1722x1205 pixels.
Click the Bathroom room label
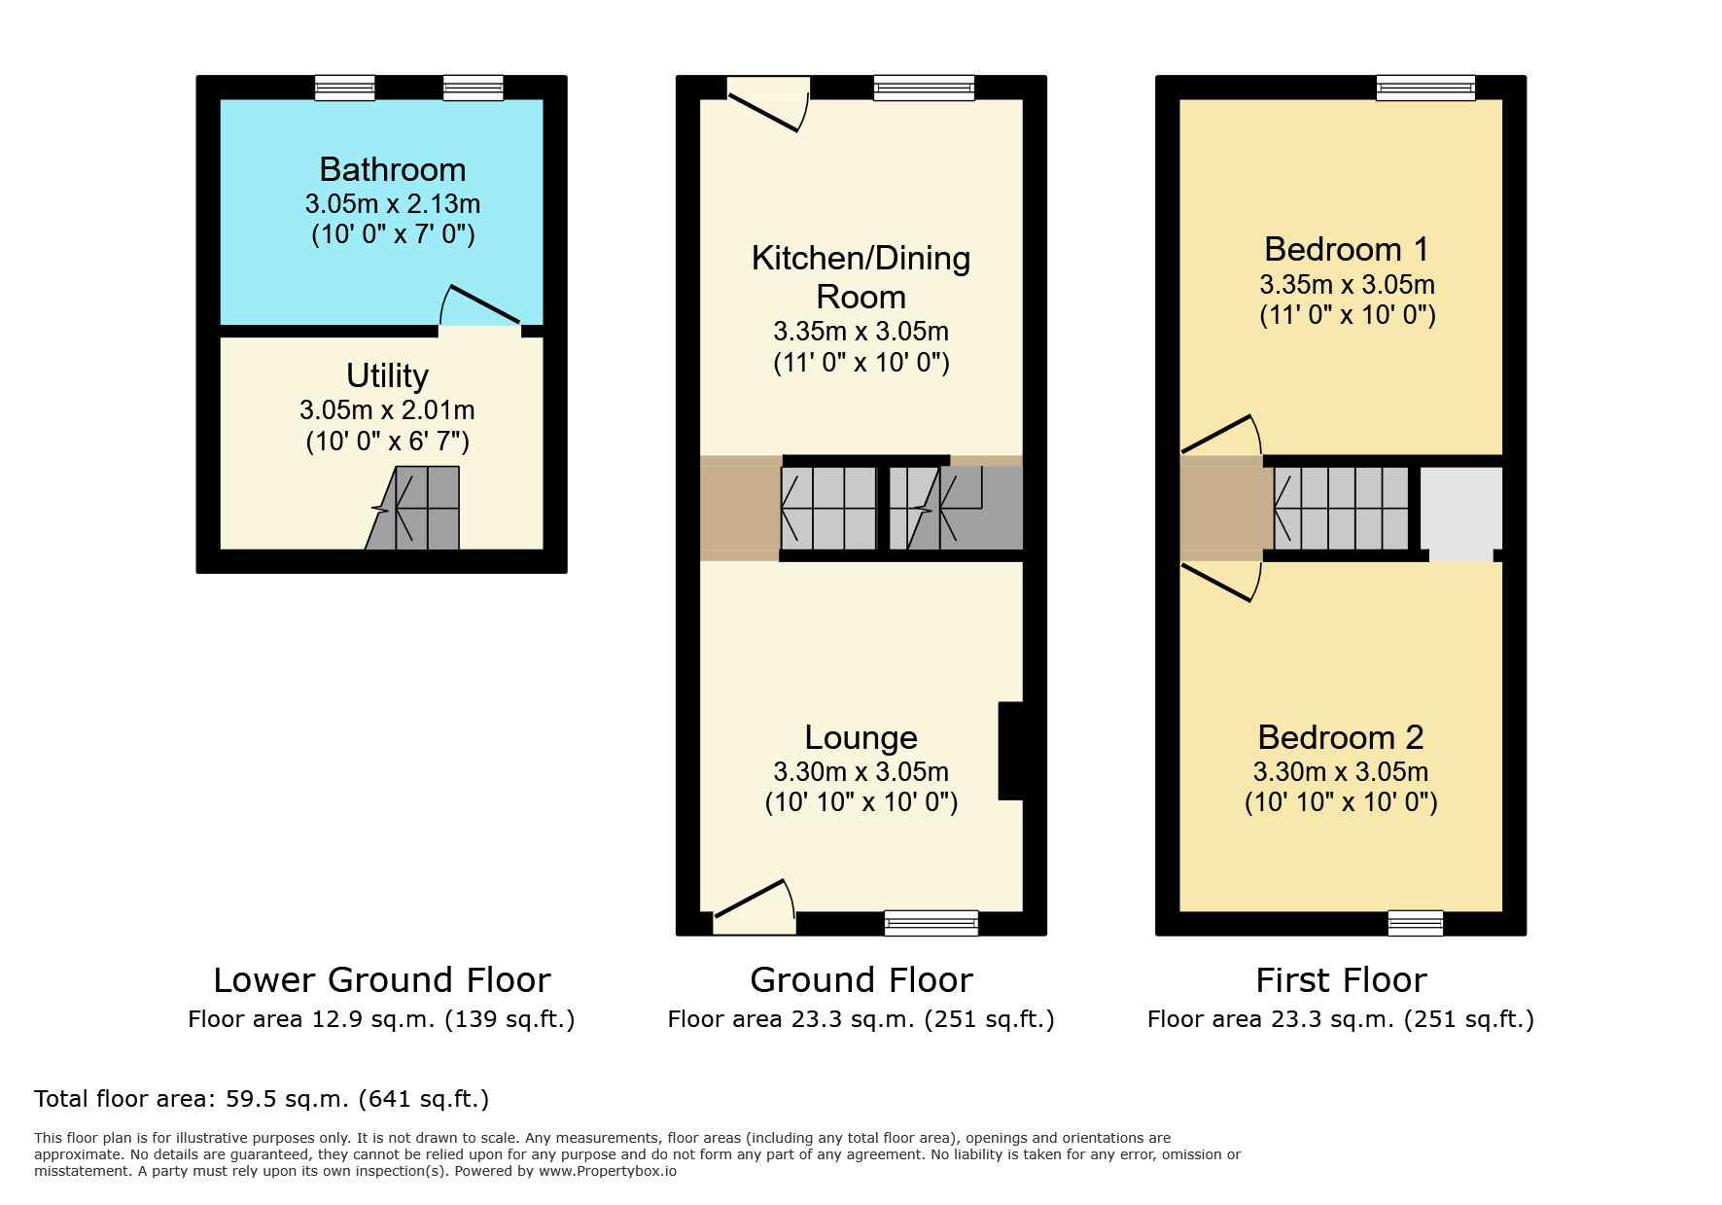tap(392, 170)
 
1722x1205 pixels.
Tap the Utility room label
tap(387, 376)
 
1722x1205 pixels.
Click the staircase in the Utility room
tap(418, 510)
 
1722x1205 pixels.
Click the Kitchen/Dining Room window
tap(924, 89)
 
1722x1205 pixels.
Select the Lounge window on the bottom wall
tap(931, 922)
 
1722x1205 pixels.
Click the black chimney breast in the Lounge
tap(1011, 751)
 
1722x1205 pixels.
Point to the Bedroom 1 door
tap(1221, 436)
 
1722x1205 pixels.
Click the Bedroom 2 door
tap(1221, 582)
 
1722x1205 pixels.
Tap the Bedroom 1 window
tap(1425, 89)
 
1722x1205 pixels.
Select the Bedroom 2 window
tap(1415, 922)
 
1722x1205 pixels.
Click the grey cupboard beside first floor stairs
tap(1460, 510)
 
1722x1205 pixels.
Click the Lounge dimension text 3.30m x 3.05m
tap(861, 772)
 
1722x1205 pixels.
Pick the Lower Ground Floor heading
tap(381, 980)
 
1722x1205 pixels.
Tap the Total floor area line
tap(262, 1099)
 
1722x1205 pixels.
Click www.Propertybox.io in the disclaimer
tap(607, 1171)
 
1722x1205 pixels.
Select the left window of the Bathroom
tap(344, 89)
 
